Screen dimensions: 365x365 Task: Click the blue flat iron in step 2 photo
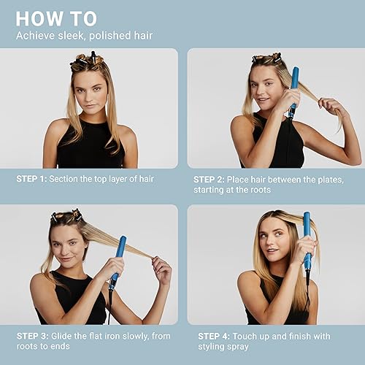pos(293,91)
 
